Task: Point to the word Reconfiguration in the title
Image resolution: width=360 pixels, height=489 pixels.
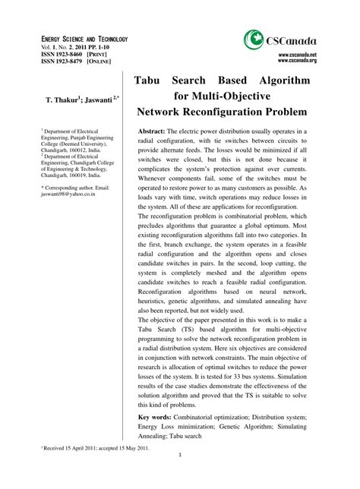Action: tap(228, 111)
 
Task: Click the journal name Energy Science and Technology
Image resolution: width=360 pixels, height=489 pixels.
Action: tap(84, 39)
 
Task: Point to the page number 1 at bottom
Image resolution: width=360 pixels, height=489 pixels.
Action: tap(180, 477)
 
